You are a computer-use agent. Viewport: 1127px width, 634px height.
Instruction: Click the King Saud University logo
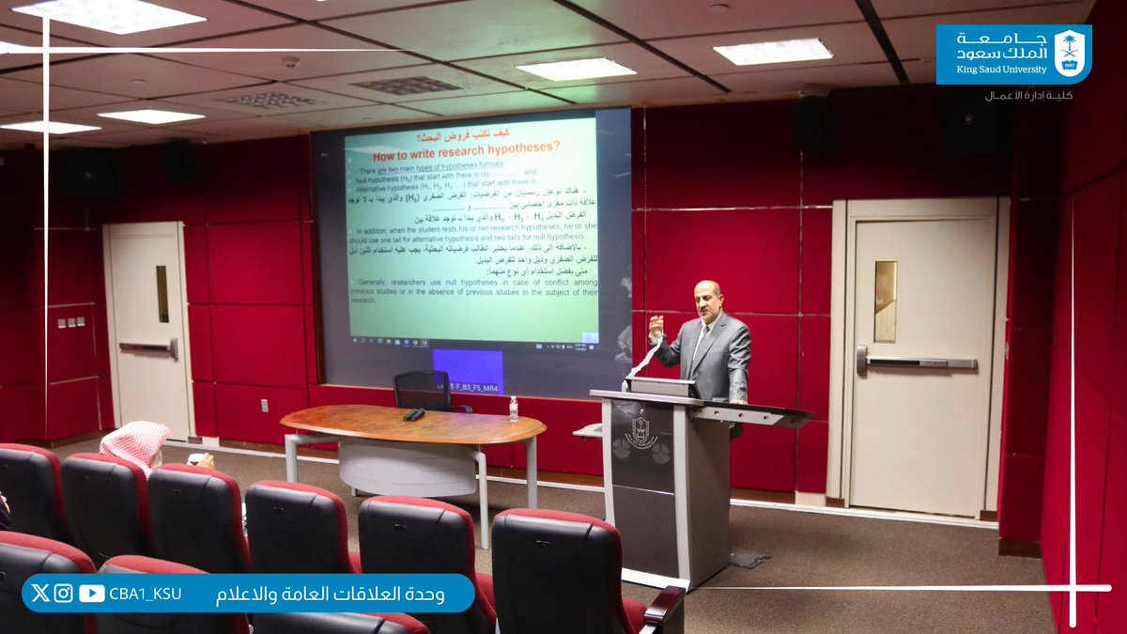click(1013, 54)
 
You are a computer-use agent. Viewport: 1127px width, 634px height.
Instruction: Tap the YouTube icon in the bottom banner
click(92, 593)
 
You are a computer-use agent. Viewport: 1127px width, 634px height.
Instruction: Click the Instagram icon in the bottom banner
click(63, 593)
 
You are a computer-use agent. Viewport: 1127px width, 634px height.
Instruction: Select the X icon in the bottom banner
click(39, 593)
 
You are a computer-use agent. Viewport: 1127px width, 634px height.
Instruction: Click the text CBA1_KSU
click(145, 594)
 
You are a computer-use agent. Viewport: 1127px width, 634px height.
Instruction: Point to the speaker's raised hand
click(656, 328)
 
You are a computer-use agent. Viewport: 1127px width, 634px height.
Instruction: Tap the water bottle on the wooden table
click(513, 408)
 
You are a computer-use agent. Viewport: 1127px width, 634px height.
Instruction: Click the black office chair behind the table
click(423, 390)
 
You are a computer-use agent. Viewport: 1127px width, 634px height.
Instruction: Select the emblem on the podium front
click(641, 433)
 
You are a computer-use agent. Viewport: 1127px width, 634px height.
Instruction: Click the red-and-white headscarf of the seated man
click(135, 443)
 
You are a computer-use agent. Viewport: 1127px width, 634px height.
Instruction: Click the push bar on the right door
click(920, 362)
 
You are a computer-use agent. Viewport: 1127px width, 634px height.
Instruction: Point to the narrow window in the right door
click(885, 301)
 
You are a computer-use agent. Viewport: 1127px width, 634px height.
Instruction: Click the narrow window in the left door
click(162, 294)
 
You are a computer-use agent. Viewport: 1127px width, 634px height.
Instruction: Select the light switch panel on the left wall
click(70, 322)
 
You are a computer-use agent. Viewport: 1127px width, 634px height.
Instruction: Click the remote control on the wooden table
click(413, 414)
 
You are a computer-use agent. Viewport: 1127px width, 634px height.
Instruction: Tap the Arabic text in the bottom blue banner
click(331, 594)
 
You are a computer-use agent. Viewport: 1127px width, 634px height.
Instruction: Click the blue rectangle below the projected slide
click(467, 368)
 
